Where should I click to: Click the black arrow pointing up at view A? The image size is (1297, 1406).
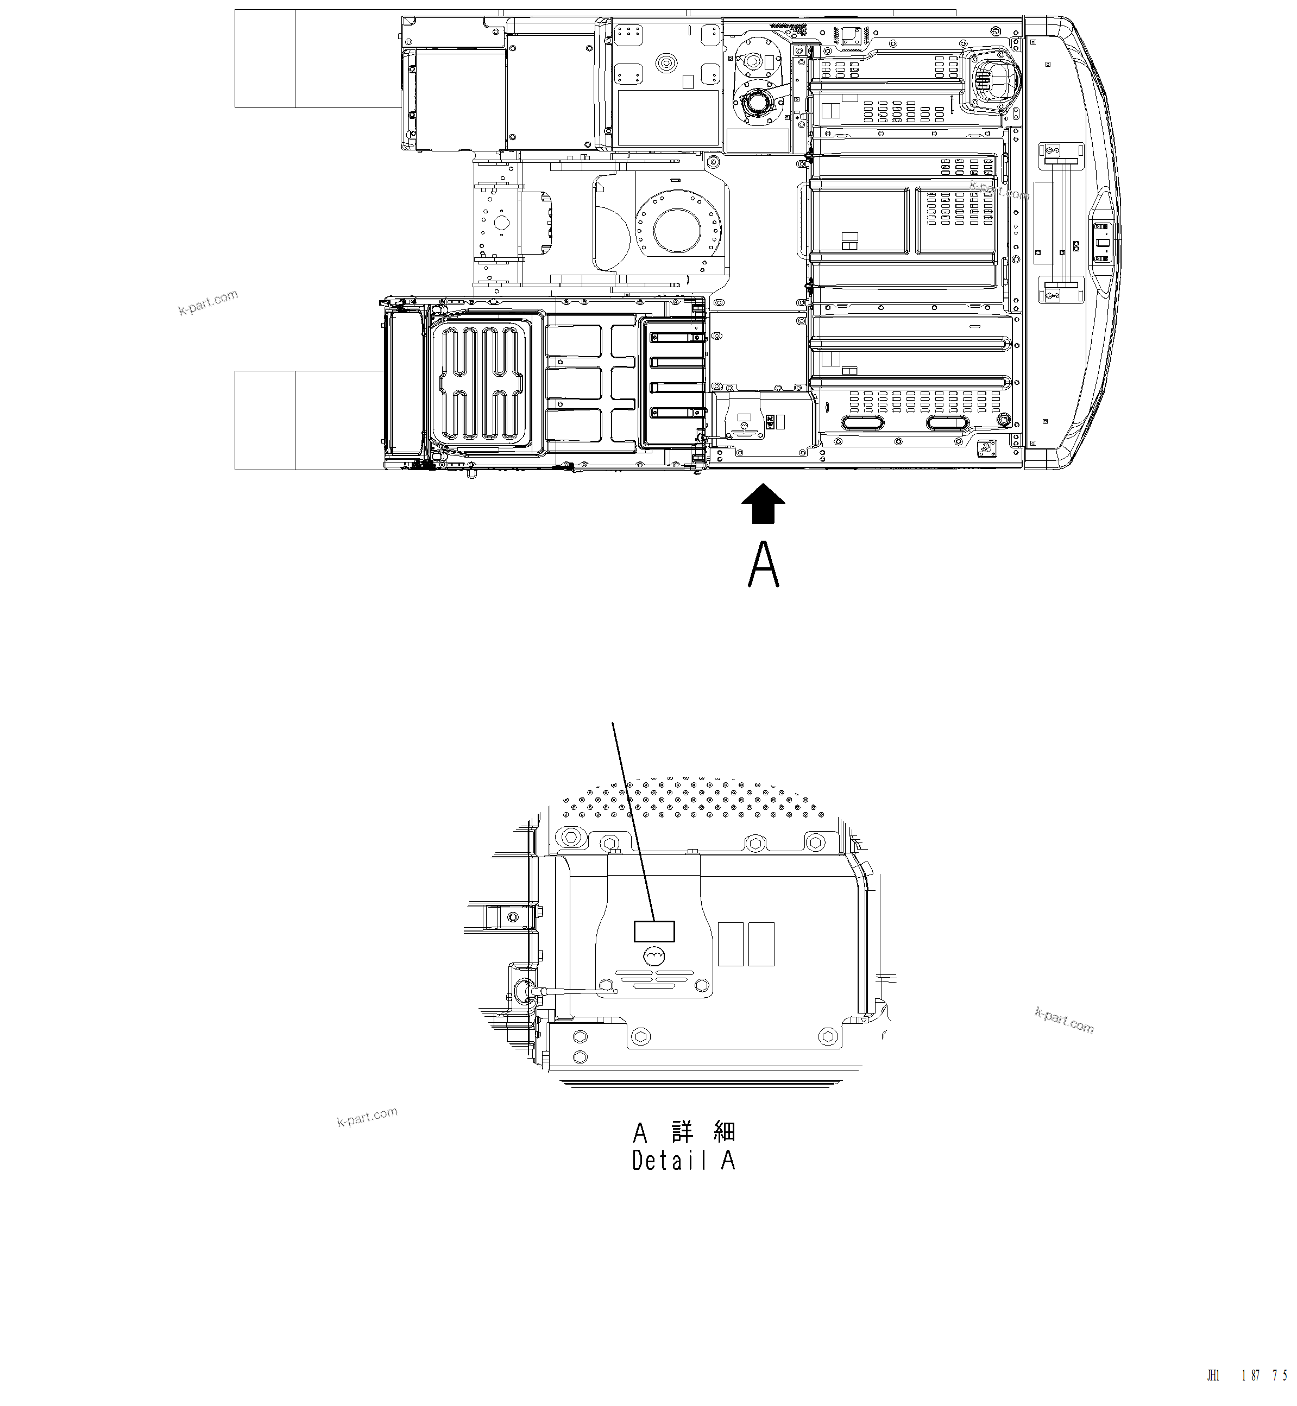tap(763, 504)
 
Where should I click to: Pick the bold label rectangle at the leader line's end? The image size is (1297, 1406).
tap(654, 931)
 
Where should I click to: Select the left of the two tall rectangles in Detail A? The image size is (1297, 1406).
tap(731, 943)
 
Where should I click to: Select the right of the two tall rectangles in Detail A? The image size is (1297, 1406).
tap(761, 943)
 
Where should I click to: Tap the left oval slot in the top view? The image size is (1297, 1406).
tap(864, 423)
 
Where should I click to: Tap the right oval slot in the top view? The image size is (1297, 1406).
tap(950, 423)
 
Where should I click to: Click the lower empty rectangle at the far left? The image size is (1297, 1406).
tap(265, 420)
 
